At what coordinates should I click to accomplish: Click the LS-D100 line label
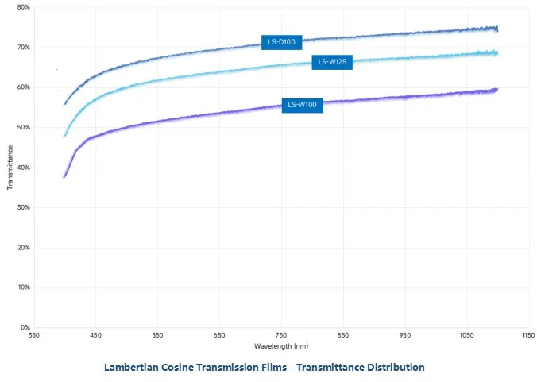(x=280, y=42)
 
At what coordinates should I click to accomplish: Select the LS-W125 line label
(x=332, y=62)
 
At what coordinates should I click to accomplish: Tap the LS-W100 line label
(x=303, y=105)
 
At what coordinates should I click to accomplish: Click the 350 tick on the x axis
(x=33, y=336)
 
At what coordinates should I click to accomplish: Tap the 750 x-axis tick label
(x=281, y=336)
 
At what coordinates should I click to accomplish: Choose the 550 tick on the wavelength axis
(x=157, y=336)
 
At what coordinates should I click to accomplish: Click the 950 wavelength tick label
(x=405, y=336)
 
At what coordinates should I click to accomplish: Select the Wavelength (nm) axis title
(x=281, y=347)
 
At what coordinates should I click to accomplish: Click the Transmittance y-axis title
(x=10, y=167)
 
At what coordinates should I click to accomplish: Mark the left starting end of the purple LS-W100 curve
(x=64, y=176)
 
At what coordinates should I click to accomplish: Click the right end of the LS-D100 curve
(x=497, y=29)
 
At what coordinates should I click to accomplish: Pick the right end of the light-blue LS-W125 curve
(x=497, y=53)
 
